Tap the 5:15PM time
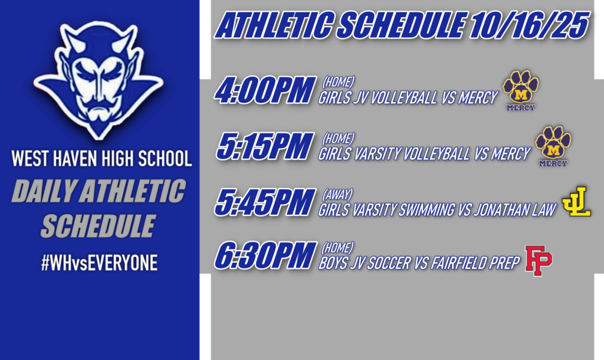click(264, 147)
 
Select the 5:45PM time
click(264, 203)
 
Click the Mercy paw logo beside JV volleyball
click(520, 90)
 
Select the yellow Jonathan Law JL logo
click(576, 202)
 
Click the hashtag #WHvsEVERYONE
click(99, 263)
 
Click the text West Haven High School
click(101, 159)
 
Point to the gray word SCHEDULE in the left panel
click(98, 226)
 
